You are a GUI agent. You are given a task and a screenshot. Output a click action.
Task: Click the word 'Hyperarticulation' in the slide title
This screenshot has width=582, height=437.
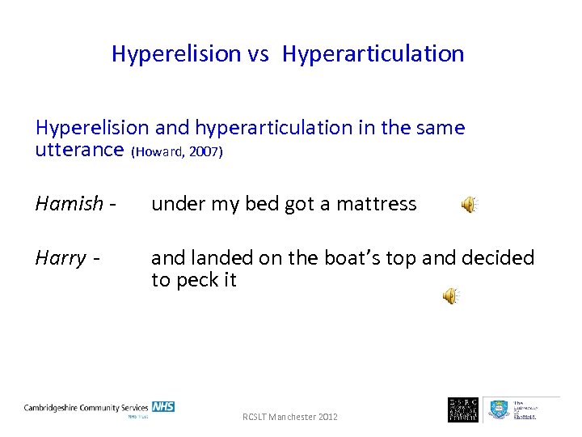pos(373,54)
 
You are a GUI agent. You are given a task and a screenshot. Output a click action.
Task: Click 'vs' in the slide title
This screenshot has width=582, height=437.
pos(259,54)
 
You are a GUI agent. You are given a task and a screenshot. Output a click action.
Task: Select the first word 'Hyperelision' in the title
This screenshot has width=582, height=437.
pos(176,54)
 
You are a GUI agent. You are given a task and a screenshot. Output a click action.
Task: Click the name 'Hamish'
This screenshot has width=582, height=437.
pos(70,204)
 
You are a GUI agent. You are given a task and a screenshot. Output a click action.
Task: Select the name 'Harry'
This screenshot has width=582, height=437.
pos(61,258)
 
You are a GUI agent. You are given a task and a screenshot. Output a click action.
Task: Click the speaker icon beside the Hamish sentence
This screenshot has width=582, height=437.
pos(469,205)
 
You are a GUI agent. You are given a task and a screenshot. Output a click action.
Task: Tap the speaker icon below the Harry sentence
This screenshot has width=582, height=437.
pos(450,296)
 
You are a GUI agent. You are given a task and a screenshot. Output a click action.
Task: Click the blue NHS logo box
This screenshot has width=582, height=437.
pos(162,407)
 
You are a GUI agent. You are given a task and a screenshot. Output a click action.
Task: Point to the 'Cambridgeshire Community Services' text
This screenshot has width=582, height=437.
pos(86,408)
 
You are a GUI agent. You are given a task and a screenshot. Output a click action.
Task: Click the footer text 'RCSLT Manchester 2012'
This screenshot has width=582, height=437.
pos(290,417)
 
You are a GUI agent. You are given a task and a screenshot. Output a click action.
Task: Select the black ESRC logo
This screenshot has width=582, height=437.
pos(463,409)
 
